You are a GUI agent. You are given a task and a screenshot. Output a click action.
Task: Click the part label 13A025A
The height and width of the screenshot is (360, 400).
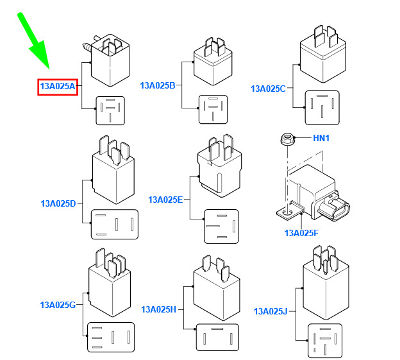[58, 86]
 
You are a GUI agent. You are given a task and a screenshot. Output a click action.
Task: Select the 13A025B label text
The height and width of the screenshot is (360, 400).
[158, 85]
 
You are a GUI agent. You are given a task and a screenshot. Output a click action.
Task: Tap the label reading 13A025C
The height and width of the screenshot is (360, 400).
[268, 89]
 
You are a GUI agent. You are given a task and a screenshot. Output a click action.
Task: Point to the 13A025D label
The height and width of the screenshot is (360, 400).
[58, 203]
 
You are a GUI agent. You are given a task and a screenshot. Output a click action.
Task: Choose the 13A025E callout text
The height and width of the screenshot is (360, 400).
[165, 200]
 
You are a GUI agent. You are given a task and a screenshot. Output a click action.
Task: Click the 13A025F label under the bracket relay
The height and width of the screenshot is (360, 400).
[301, 233]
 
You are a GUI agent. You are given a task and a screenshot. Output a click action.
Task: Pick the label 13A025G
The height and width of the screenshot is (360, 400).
[58, 305]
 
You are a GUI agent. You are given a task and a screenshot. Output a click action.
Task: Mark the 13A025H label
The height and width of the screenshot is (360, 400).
[159, 309]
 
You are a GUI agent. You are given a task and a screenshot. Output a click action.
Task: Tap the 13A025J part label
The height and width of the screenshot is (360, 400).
[271, 311]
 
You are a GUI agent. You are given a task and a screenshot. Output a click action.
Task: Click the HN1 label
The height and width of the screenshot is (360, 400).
[321, 138]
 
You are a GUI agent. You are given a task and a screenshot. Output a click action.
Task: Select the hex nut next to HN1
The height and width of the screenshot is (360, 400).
[287, 139]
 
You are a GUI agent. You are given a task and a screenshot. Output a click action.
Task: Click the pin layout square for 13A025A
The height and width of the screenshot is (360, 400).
[110, 110]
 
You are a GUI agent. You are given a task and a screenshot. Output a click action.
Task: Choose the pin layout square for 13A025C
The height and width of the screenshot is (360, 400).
[322, 108]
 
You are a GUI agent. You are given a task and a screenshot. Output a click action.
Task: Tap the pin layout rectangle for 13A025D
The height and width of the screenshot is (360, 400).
[115, 224]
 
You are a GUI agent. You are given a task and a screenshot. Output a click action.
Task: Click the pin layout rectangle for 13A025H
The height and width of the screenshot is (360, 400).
[217, 338]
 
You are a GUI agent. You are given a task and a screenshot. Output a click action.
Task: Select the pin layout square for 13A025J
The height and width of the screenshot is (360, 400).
[325, 341]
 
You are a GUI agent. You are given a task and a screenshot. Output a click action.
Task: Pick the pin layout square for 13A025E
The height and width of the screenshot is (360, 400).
[221, 227]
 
